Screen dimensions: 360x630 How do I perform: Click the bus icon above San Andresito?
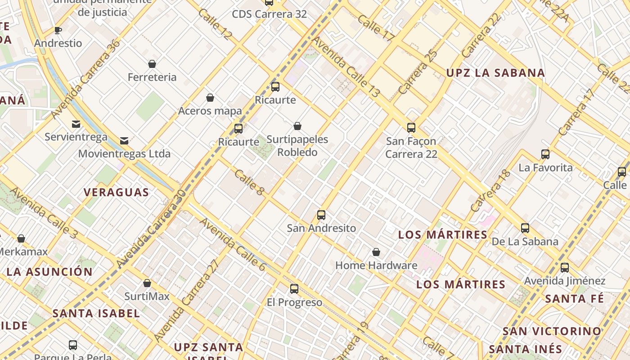coord(321,215)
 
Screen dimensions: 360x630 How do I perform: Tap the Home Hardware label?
coord(376,265)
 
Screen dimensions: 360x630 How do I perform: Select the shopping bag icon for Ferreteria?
coord(152,64)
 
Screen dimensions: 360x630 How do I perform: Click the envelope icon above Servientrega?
coord(76,124)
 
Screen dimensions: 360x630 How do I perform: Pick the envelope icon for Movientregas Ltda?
coord(124,141)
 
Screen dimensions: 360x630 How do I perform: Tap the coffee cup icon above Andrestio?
coord(58,31)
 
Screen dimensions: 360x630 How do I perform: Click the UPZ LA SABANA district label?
coord(495,73)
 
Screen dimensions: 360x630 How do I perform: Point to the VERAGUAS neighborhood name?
coord(116,193)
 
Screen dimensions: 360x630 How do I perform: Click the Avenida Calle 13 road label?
coord(346,67)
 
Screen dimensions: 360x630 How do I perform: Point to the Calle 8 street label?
coord(249,182)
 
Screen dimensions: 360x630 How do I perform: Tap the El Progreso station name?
coord(294,302)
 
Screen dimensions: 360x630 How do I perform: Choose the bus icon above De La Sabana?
coord(525,228)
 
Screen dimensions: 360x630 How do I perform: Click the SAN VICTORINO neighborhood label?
coord(552,331)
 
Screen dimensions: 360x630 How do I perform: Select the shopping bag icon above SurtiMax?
coord(147,283)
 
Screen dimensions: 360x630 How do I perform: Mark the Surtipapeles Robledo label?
coord(297,146)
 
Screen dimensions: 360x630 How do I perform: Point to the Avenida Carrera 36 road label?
coord(85,80)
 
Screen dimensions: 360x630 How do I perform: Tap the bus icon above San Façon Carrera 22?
coord(411,128)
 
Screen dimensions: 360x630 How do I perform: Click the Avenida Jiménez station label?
coord(564,281)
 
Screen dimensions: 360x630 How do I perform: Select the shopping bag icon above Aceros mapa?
coord(210,98)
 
